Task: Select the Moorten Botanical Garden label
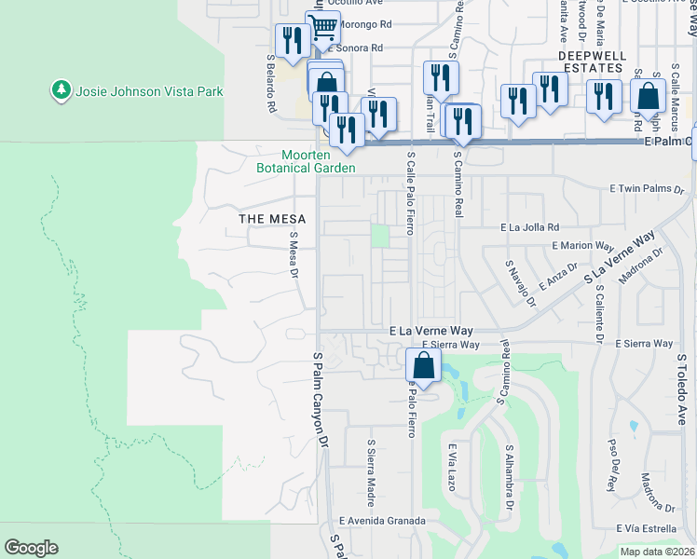pyautogui.click(x=306, y=161)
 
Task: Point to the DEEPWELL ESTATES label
pyautogui.click(x=596, y=56)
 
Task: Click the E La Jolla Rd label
pyautogui.click(x=529, y=226)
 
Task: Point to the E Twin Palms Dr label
pyautogui.click(x=647, y=188)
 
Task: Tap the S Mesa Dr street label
pyautogui.click(x=293, y=255)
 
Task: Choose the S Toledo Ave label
pyautogui.click(x=681, y=389)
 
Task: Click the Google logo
pyautogui.click(x=31, y=548)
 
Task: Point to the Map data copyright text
pyautogui.click(x=657, y=552)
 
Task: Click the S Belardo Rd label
pyautogui.click(x=271, y=84)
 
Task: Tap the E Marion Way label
pyautogui.click(x=582, y=246)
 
